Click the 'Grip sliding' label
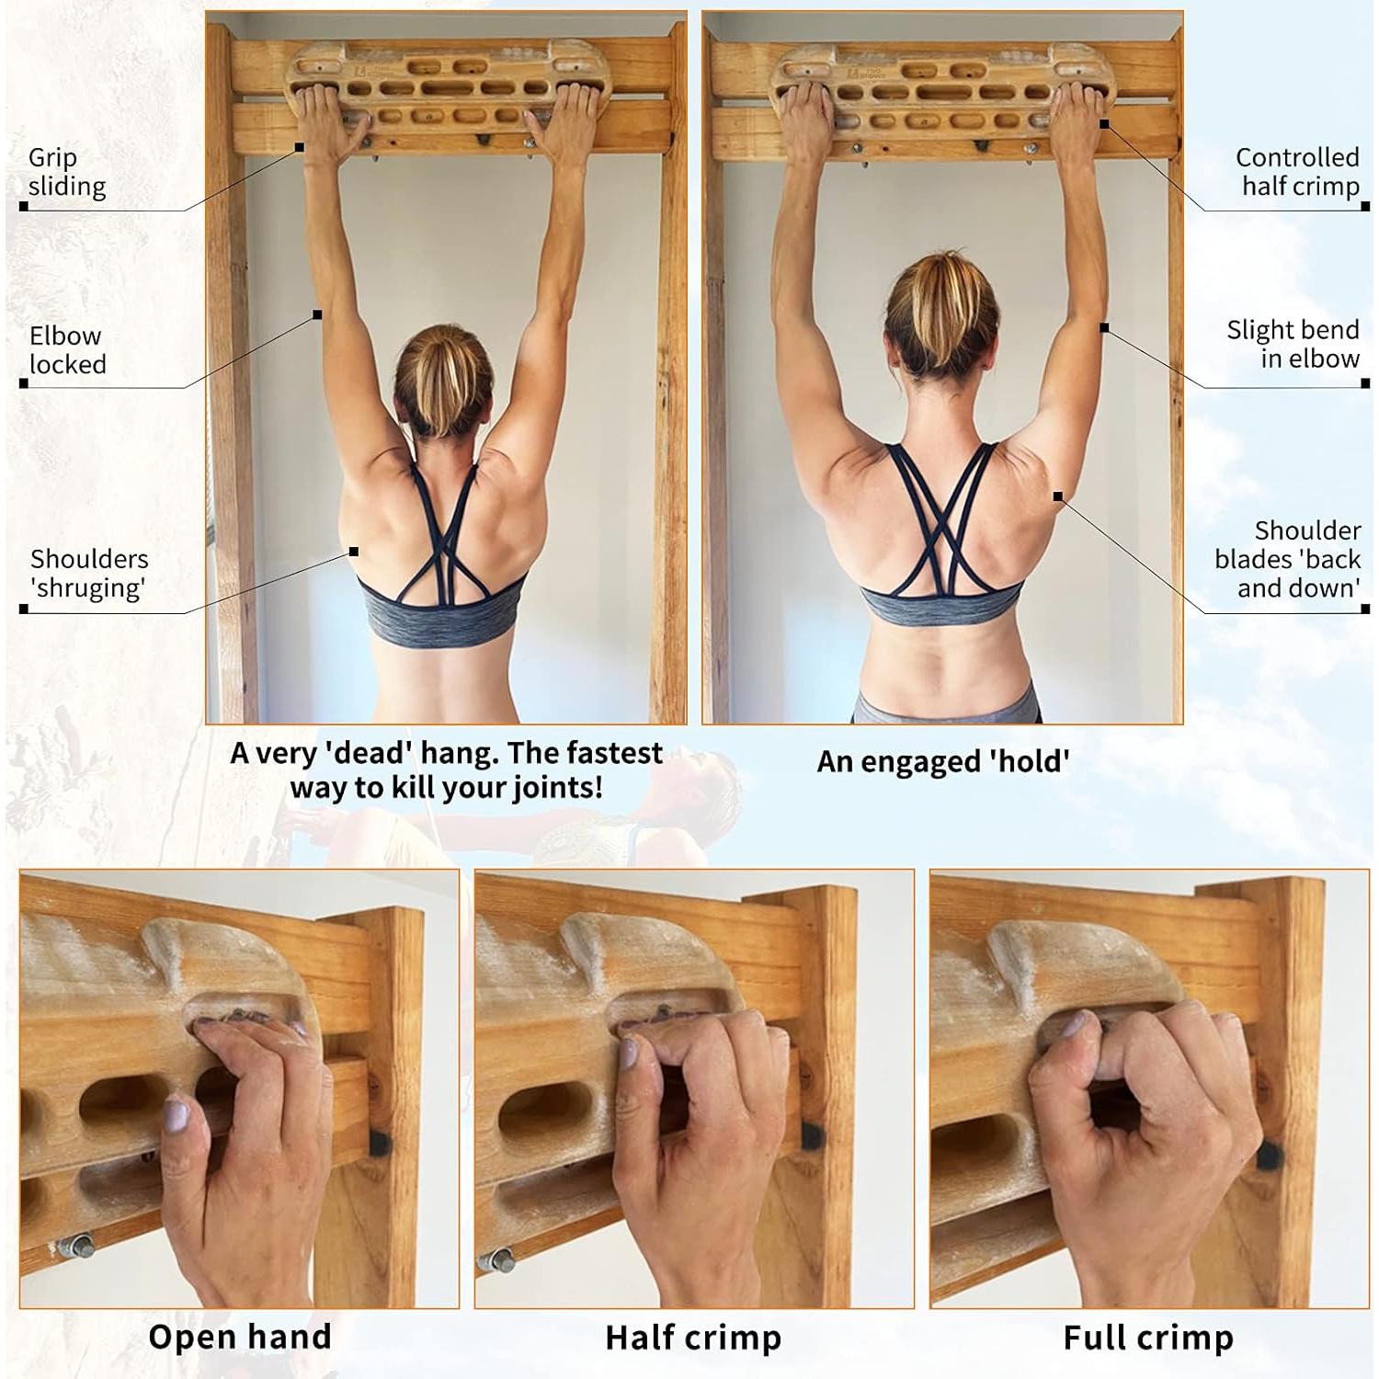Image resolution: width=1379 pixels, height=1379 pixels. [x=66, y=172]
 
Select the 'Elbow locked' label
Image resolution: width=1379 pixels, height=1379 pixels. [x=66, y=350]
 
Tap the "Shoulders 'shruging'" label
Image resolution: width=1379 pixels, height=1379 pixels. [x=88, y=573]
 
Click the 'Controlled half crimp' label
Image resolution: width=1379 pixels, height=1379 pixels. [x=1297, y=172]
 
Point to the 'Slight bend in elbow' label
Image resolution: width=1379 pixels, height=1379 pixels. [x=1293, y=344]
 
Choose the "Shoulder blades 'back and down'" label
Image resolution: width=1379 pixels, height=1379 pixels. [x=1288, y=559]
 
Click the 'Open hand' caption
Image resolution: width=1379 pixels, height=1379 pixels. [x=240, y=1337]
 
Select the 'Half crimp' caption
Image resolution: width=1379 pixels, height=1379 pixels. [x=693, y=1338]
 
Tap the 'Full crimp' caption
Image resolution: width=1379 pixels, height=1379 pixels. [x=1148, y=1338]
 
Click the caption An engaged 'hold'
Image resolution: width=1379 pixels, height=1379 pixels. [x=943, y=761]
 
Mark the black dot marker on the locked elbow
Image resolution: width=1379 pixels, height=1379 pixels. [x=317, y=314]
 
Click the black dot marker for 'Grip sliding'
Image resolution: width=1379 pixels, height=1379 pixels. [x=300, y=147]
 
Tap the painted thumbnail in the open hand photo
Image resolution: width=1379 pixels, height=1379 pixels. [x=176, y=1118]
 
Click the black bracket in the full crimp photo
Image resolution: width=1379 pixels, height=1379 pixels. [x=1269, y=1155]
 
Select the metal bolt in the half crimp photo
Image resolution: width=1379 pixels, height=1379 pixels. [x=497, y=1259]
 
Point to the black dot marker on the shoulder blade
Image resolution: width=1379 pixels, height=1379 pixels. [x=1058, y=496]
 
